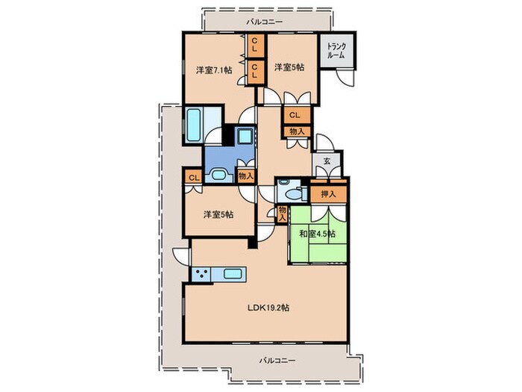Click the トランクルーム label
(336, 51)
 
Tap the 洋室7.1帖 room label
(214, 70)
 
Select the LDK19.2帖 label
(268, 308)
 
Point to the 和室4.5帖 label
(317, 234)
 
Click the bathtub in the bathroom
(193, 125)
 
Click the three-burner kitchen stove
(201, 275)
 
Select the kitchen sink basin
(233, 274)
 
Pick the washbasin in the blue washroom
(218, 175)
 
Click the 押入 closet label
(328, 194)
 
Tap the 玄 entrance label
(327, 161)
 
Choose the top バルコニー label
(264, 22)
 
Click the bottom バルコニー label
(277, 361)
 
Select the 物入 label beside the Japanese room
(283, 214)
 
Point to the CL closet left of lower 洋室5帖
(194, 178)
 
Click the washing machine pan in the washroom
(246, 137)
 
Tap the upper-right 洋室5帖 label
(289, 67)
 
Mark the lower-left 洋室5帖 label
(218, 215)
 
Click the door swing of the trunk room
(345, 78)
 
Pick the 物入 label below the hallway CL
(297, 131)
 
